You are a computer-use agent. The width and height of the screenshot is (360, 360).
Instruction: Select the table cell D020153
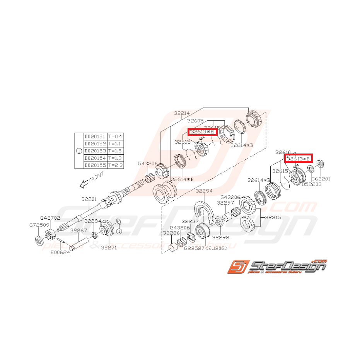(x=95, y=151)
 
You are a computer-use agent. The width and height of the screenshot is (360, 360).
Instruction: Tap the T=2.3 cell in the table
(x=115, y=165)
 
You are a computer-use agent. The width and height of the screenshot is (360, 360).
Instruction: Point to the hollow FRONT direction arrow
(x=83, y=185)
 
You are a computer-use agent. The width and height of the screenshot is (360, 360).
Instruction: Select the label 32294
(x=205, y=191)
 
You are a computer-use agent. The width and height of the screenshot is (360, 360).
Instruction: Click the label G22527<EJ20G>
(x=205, y=248)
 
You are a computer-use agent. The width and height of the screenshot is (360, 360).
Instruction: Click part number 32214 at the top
(x=182, y=113)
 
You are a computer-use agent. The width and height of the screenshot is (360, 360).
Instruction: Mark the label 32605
(x=197, y=121)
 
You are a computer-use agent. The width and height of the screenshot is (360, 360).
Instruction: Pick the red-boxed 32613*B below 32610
(x=299, y=159)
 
